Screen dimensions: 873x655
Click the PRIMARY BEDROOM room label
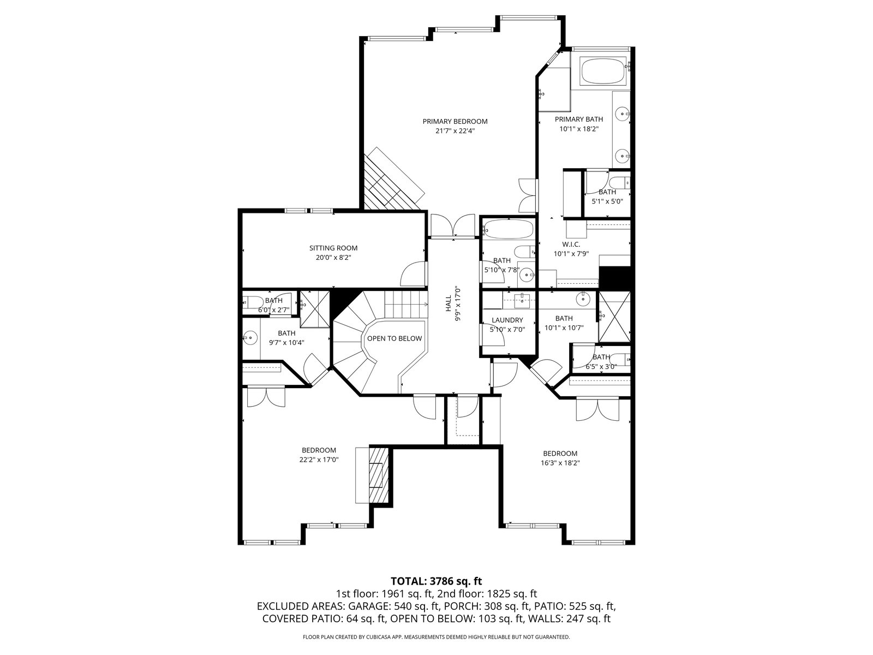(x=455, y=121)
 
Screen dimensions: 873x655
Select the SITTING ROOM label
(x=333, y=248)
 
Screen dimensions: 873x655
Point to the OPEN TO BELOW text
(x=394, y=338)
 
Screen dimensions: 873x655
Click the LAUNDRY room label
(x=507, y=320)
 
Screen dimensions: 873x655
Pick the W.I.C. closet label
(x=571, y=244)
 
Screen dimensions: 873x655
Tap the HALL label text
(x=449, y=303)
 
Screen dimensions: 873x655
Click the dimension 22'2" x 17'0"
(x=319, y=460)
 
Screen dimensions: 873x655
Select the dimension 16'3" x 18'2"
(x=560, y=463)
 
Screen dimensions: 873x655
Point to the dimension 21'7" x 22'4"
(x=455, y=131)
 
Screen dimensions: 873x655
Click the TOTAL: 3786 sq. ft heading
(x=436, y=581)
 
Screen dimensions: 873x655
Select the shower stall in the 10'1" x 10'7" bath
(x=614, y=317)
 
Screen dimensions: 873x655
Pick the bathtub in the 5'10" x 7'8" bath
(x=507, y=229)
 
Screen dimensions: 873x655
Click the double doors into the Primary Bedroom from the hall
(x=453, y=226)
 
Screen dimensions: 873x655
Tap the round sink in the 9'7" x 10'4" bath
(x=250, y=338)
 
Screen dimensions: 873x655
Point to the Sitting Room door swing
(x=413, y=274)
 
